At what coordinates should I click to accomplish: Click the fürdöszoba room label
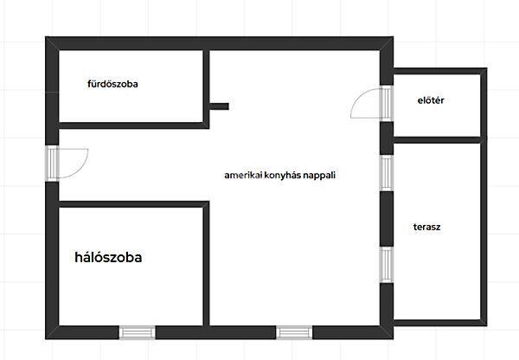pos(113,85)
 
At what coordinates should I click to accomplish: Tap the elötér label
pos(430,100)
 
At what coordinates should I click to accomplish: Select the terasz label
pos(427,227)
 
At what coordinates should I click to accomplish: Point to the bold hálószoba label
pos(108,257)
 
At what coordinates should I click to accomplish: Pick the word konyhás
pos(280,174)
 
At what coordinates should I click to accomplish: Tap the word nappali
pos(317,174)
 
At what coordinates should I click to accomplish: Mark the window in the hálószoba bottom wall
pos(138,331)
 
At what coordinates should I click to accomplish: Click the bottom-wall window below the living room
pos(294,331)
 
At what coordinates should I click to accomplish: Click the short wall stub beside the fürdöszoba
pos(219,106)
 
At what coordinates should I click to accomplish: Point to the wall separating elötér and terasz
pos(437,138)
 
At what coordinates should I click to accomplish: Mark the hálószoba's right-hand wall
pos(207,264)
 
